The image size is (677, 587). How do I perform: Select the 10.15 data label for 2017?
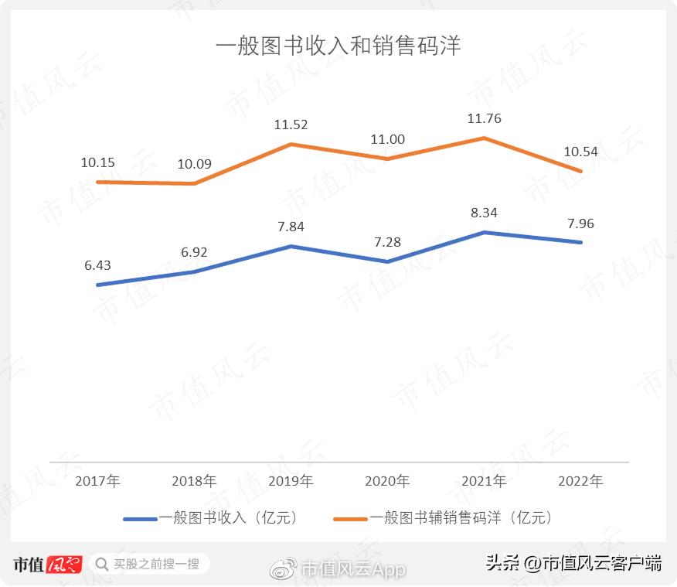click(97, 163)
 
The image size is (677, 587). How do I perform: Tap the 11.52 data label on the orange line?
click(291, 125)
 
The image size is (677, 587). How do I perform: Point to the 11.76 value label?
click(484, 119)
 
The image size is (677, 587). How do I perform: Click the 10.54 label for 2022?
click(580, 152)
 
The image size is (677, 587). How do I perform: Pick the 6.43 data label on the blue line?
click(97, 265)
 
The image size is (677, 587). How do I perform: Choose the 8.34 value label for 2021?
click(484, 213)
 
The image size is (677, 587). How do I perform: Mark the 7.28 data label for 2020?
click(387, 242)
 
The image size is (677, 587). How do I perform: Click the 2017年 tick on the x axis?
click(97, 481)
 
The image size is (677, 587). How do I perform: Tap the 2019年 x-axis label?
click(291, 481)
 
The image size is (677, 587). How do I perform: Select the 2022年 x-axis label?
click(580, 481)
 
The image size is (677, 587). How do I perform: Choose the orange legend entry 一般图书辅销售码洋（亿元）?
click(444, 518)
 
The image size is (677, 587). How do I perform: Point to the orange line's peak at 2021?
click(484, 138)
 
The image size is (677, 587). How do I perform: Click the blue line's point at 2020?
click(387, 261)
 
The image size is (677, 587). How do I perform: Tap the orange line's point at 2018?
click(194, 183)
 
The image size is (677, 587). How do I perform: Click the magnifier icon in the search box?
click(101, 564)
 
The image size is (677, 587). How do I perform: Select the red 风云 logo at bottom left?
click(64, 564)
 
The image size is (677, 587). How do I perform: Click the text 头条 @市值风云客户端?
click(573, 563)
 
